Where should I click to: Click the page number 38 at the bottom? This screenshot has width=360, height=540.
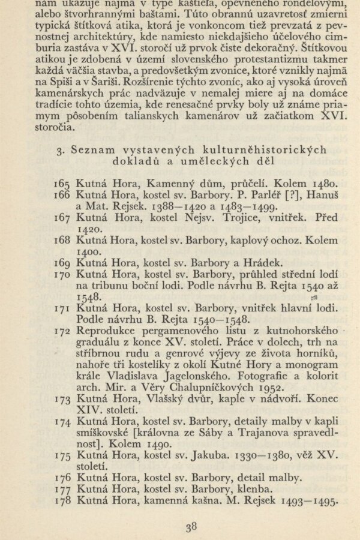coord(191,528)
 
